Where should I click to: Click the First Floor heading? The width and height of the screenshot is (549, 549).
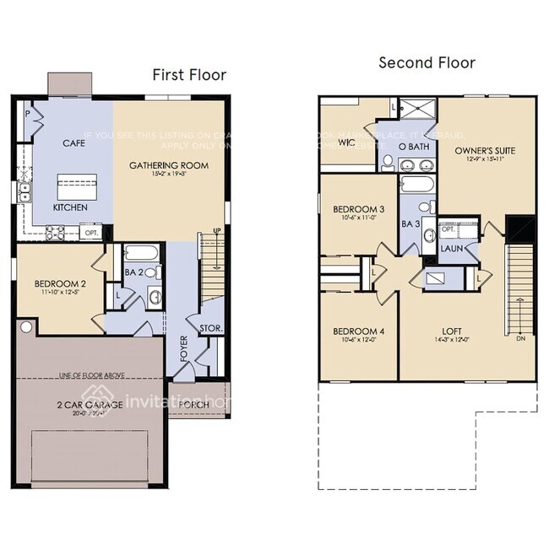(x=189, y=75)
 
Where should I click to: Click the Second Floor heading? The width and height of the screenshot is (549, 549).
(x=427, y=62)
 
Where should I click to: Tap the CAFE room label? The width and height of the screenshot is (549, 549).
(x=73, y=143)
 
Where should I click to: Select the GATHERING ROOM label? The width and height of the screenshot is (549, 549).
(x=169, y=165)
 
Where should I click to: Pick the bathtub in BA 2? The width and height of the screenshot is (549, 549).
(x=140, y=252)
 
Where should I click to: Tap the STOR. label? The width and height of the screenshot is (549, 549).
(x=210, y=327)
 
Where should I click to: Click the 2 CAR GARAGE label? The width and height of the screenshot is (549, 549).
(x=90, y=405)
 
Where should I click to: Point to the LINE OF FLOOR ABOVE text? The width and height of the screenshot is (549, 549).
(x=90, y=374)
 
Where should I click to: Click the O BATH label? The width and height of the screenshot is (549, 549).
(x=415, y=147)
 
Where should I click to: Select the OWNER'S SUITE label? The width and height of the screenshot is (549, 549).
(x=485, y=151)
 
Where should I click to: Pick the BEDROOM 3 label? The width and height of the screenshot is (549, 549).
(x=358, y=209)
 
